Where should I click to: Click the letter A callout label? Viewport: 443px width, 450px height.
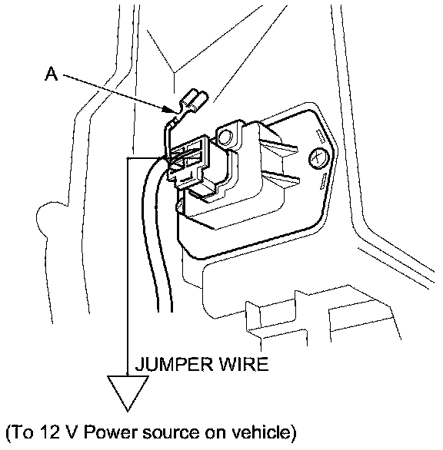click(x=52, y=74)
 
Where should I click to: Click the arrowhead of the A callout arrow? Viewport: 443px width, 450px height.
click(x=169, y=109)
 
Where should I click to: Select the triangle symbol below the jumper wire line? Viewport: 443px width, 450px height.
click(x=128, y=392)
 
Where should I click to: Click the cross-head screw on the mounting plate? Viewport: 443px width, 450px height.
click(x=318, y=158)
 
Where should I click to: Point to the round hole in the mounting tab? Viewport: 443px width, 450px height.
click(x=225, y=137)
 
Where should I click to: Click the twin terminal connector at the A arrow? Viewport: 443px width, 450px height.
click(x=193, y=103)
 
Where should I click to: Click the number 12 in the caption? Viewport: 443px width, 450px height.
click(x=49, y=432)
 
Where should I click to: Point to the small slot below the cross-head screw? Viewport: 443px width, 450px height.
click(x=324, y=181)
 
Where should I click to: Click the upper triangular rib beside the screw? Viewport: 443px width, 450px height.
click(x=278, y=147)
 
